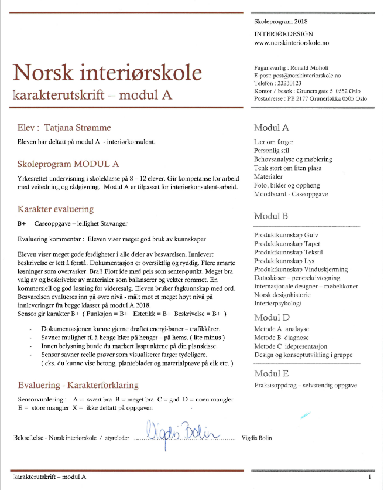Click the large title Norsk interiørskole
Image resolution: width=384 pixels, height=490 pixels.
[107, 73]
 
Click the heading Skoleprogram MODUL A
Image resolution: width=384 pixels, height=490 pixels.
[68, 163]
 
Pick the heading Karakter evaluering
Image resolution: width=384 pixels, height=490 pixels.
[56, 209]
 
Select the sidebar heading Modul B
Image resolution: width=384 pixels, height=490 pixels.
[271, 216]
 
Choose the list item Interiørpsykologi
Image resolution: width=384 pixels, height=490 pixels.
[278, 304]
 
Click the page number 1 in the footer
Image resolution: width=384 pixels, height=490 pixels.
[370, 477]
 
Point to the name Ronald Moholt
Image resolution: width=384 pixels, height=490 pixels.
[324, 68]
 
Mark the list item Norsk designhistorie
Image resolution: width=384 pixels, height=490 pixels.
[283, 295]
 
